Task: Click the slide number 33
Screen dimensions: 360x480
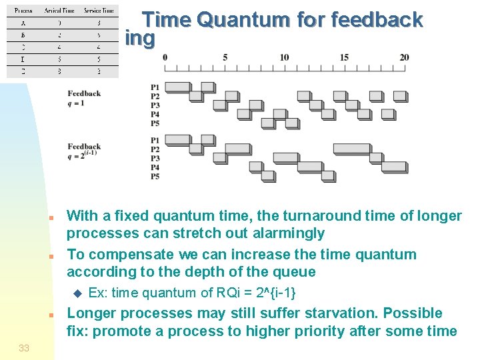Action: [x=24, y=348]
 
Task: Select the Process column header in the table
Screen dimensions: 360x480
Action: [x=23, y=11]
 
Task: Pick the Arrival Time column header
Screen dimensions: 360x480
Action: [x=59, y=11]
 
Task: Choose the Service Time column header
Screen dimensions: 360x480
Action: [x=98, y=11]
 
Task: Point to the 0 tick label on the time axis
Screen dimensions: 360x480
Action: [x=165, y=57]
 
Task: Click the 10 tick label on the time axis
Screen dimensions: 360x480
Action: [x=285, y=57]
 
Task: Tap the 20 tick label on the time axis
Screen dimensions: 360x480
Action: [x=404, y=57]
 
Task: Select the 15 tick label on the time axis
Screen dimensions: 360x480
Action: [x=344, y=57]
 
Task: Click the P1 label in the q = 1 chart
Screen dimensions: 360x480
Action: [x=155, y=87]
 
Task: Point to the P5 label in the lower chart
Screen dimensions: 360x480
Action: [x=155, y=177]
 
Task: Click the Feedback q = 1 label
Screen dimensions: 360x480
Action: [x=84, y=98]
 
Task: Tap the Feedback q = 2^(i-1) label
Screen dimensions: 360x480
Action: [x=84, y=151]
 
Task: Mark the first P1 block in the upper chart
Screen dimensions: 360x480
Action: [x=177, y=87]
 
